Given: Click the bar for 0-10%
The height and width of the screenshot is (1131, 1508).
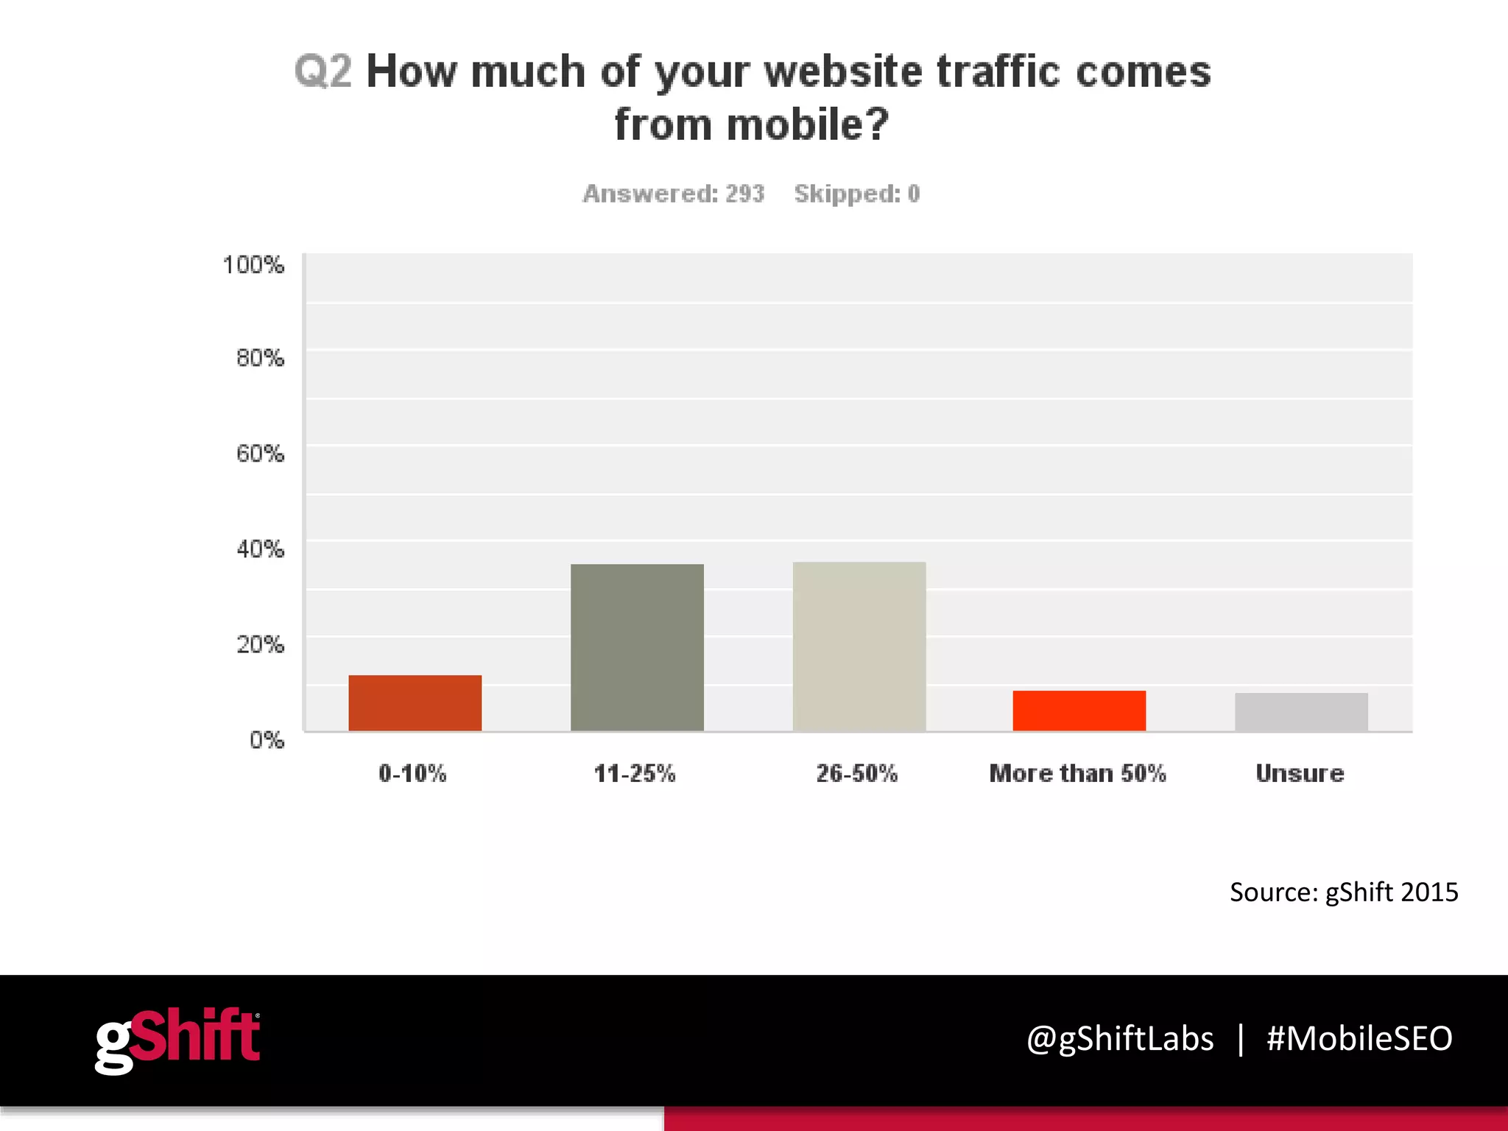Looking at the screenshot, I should click(415, 702).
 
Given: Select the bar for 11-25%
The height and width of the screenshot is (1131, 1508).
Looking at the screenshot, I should click(637, 647).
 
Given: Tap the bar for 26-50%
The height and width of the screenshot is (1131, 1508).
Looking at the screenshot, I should click(859, 646).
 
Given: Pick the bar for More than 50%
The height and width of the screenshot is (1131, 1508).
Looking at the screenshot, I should click(1079, 711).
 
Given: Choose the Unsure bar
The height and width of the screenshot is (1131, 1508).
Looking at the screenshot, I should click(1301, 712).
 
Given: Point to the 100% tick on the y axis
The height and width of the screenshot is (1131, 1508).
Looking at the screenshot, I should click(253, 264).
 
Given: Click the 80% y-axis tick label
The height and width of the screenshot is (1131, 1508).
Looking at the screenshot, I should click(260, 358).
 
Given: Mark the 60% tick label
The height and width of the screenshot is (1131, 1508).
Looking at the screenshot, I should click(260, 453).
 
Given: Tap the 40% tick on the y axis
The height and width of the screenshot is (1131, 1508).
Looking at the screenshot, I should click(260, 549).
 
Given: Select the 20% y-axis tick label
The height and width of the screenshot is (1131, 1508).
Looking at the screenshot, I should click(260, 644).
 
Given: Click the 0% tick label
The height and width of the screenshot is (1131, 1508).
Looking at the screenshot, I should click(267, 739).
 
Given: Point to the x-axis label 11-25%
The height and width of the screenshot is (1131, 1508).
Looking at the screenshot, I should click(635, 773).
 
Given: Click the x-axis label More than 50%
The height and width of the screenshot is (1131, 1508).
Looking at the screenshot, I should click(1077, 773).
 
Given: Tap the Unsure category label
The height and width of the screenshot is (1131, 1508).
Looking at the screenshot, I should click(1300, 773).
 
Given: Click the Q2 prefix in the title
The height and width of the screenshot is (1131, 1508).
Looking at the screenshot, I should click(323, 71).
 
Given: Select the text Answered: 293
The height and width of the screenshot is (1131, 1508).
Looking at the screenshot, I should click(674, 194).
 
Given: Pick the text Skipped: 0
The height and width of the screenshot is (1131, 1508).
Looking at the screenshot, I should click(857, 194).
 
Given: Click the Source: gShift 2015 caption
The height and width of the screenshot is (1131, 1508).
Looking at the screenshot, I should click(1343, 892).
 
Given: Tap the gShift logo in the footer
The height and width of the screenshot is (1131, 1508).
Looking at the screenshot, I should click(177, 1039).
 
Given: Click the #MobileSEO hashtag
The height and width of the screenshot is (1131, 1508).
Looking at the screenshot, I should click(1359, 1038).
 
